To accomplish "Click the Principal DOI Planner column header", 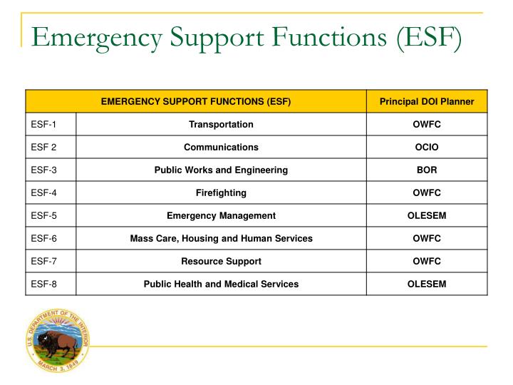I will click(x=427, y=102).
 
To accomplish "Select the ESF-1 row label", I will click(x=43, y=125).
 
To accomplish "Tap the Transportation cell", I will click(x=221, y=125).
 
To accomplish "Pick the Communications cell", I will click(x=221, y=148).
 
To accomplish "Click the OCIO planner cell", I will click(x=427, y=148).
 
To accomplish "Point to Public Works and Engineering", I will click(x=221, y=170).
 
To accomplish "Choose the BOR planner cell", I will click(x=427, y=170).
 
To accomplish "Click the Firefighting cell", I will click(x=221, y=193).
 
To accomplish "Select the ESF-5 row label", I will click(x=43, y=215).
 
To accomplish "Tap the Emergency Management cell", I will click(x=221, y=215).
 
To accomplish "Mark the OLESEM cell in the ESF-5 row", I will click(x=427, y=215).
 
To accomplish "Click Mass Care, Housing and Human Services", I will click(x=221, y=238).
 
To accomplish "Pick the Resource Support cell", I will click(x=221, y=261).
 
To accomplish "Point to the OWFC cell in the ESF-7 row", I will click(x=427, y=261).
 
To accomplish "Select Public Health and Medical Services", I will click(x=221, y=284).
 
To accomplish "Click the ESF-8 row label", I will click(x=43, y=284).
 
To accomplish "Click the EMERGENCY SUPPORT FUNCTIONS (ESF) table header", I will click(x=196, y=102).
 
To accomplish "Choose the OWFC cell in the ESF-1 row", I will click(x=427, y=125).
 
